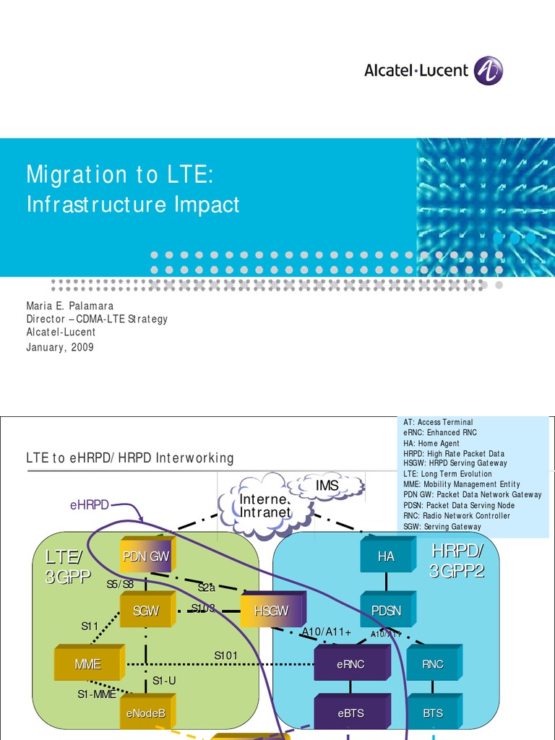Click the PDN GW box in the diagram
coord(147,556)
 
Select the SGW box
coord(146,611)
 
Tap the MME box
coord(87,664)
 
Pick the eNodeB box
coord(146,713)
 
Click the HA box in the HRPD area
coord(386,556)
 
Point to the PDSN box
coord(386,611)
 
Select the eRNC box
coord(350,664)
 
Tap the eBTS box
coord(350,713)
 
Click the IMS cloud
coord(327,486)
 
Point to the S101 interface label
coord(225,655)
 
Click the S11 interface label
coord(90,627)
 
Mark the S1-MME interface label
coord(96,694)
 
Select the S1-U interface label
coord(164,680)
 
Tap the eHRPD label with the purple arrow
coord(89,505)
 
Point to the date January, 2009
coord(60,347)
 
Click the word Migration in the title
coord(77,174)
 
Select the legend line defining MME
coord(461,484)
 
